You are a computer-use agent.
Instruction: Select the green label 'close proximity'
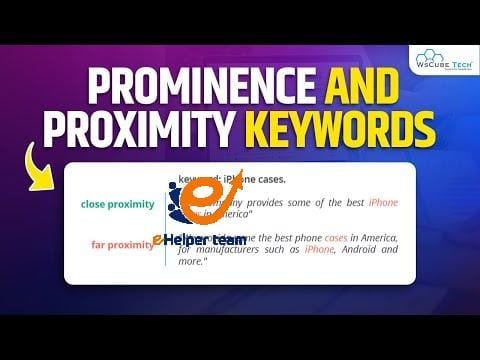point(118,204)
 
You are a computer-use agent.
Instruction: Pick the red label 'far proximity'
point(123,244)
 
